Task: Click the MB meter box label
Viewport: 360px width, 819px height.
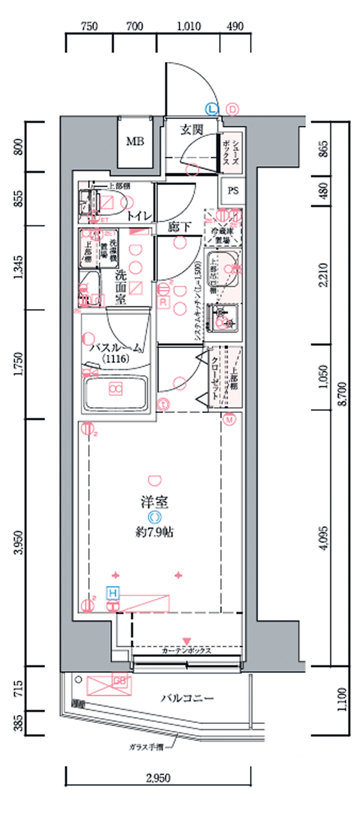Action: (x=135, y=141)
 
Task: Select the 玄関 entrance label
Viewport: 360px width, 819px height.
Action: (x=191, y=130)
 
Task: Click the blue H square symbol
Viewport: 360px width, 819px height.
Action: (x=113, y=593)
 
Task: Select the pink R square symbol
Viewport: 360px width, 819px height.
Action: (x=163, y=302)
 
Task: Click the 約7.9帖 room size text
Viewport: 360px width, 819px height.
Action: (x=154, y=532)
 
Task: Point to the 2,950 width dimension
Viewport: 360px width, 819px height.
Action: (x=158, y=778)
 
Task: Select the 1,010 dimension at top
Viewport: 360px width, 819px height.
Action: (x=189, y=26)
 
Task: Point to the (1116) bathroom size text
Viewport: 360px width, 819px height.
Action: (x=116, y=359)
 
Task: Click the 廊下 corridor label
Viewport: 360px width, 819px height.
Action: (x=179, y=227)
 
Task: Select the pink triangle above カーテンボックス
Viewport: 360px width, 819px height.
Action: (x=186, y=640)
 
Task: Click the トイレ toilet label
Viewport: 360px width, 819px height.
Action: (x=139, y=217)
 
